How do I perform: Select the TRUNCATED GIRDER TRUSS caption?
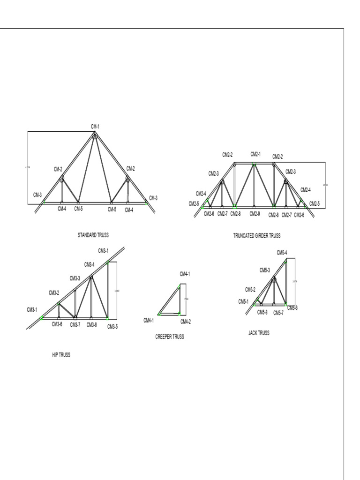pyautogui.click(x=256, y=236)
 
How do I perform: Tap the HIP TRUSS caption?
pyautogui.click(x=61, y=355)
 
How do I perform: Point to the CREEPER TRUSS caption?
pyautogui.click(x=170, y=337)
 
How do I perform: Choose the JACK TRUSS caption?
pyautogui.click(x=259, y=333)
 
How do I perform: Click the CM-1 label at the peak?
pyautogui.click(x=95, y=126)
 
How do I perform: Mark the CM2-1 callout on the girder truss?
pyautogui.click(x=255, y=154)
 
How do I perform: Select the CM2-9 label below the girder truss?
pyautogui.click(x=255, y=214)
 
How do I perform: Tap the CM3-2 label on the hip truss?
pyautogui.click(x=54, y=293)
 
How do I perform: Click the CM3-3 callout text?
pyautogui.click(x=75, y=278)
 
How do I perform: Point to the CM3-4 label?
pyautogui.click(x=90, y=264)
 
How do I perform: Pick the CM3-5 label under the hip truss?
pyautogui.click(x=112, y=326)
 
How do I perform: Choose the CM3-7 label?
pyautogui.click(x=75, y=324)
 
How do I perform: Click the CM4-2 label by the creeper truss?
pyautogui.click(x=186, y=322)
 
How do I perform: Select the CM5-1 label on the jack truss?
pyautogui.click(x=243, y=302)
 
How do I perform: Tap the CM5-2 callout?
pyautogui.click(x=250, y=290)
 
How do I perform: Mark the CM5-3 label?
pyautogui.click(x=265, y=270)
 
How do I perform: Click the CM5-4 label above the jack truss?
pyautogui.click(x=282, y=253)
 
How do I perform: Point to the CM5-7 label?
pyautogui.click(x=278, y=313)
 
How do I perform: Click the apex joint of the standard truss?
pyautogui.click(x=95, y=135)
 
